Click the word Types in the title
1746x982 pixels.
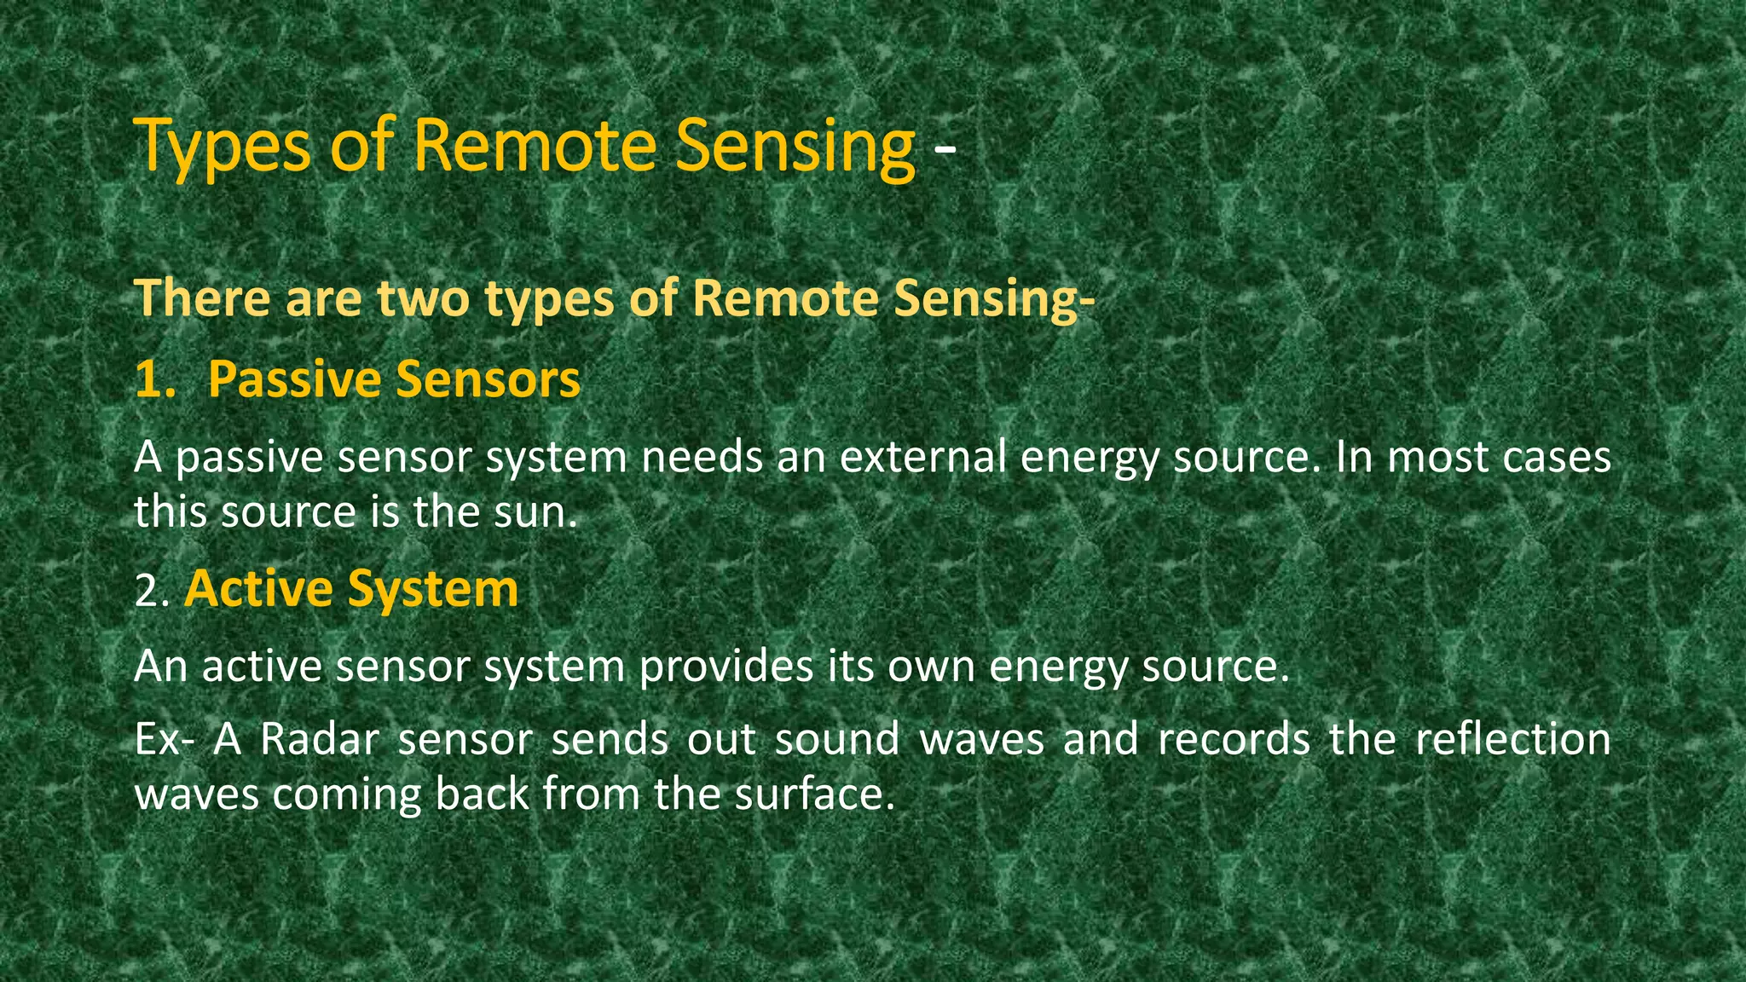[x=223, y=147]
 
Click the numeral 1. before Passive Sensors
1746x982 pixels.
[x=154, y=379]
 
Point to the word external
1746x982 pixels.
[x=922, y=457]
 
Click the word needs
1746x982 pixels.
[x=702, y=457]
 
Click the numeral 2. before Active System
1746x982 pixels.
[x=153, y=591]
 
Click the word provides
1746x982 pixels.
[x=726, y=667]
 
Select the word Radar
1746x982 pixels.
[x=320, y=739]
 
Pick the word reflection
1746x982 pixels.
[x=1512, y=739]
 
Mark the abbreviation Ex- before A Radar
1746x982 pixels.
[x=165, y=739]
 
